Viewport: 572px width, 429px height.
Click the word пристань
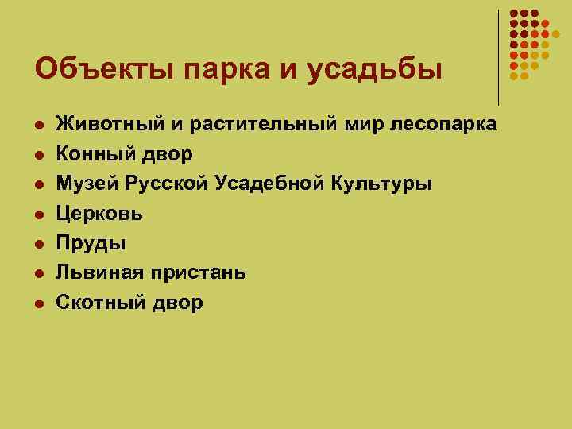(196, 272)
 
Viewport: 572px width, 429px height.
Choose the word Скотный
(98, 302)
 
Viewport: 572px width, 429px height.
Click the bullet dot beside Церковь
(37, 214)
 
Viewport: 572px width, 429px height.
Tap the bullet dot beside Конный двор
(37, 154)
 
